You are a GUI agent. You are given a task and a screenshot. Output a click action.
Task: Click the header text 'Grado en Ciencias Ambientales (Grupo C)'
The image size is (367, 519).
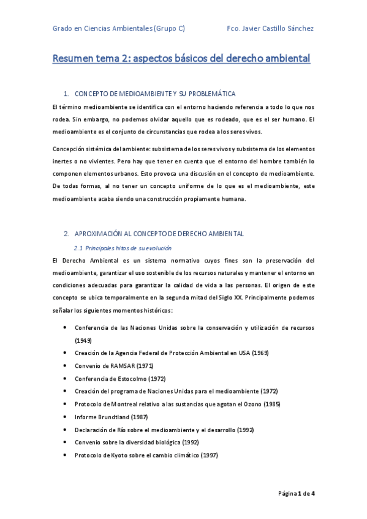[119, 28]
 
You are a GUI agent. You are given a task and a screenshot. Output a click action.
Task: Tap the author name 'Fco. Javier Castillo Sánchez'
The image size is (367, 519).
[270, 28]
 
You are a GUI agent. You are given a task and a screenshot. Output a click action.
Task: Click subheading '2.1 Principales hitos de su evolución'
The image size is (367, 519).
[123, 248]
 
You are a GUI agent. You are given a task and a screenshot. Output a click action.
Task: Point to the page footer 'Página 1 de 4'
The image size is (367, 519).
[297, 493]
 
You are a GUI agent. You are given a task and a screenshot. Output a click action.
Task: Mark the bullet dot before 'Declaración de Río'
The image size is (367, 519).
[66, 430]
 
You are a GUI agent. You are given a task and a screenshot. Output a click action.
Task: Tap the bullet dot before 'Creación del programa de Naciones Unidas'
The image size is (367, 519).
[66, 391]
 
